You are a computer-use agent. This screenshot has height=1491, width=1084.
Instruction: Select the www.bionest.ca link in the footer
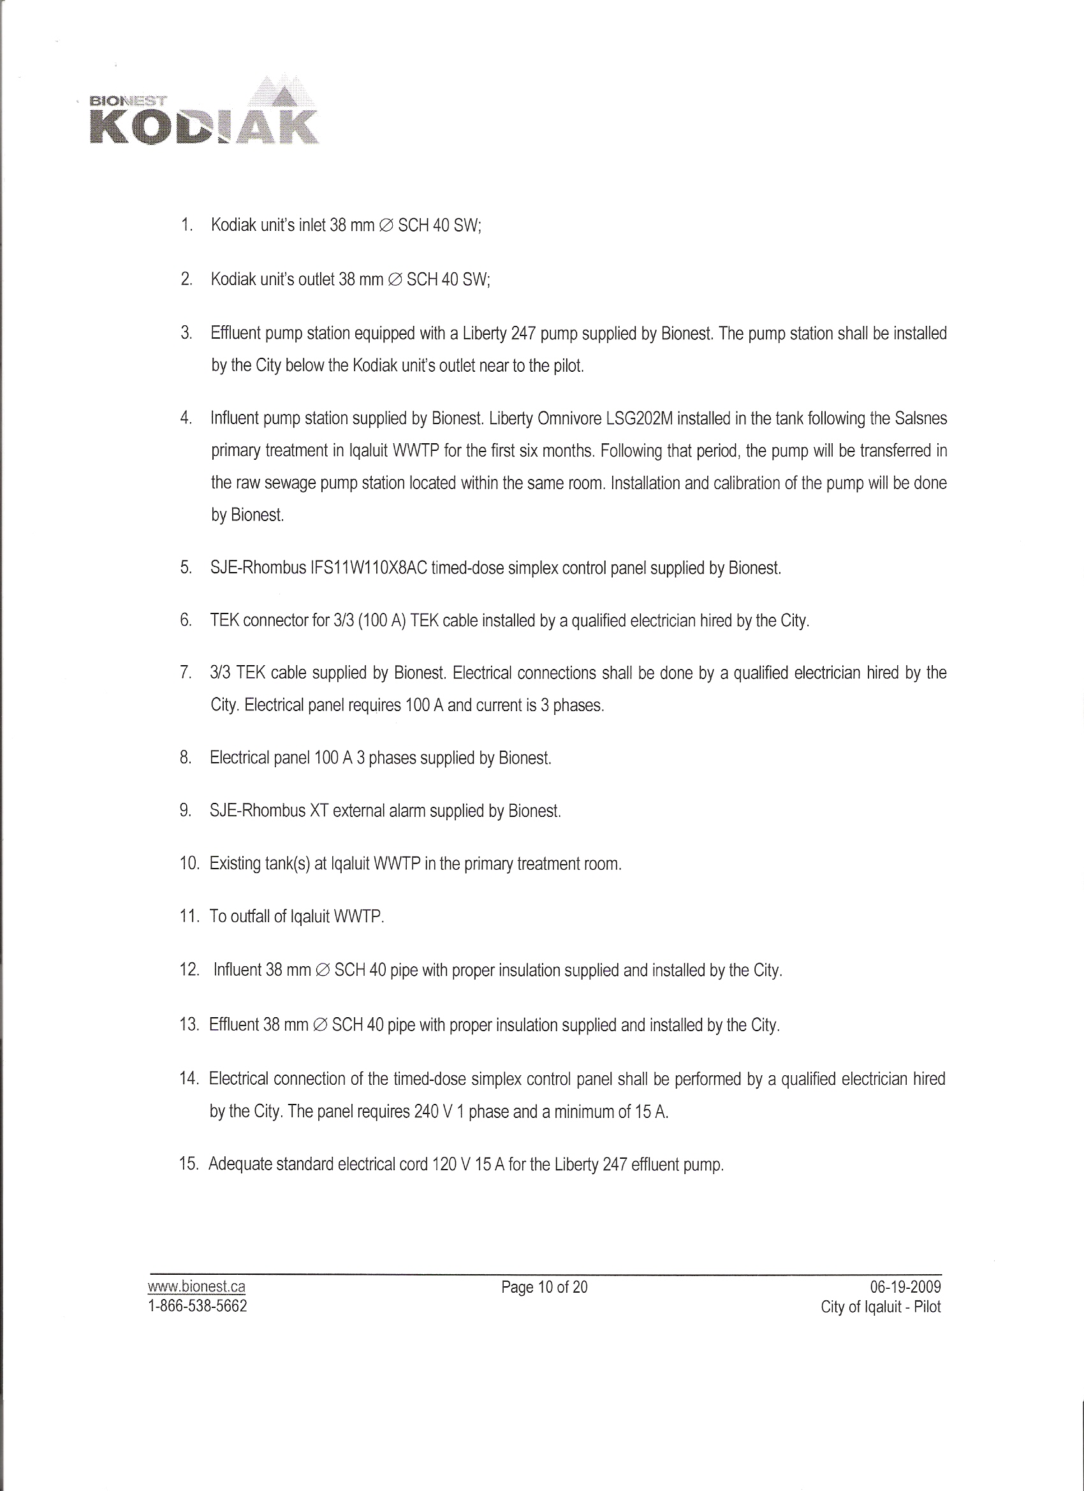(196, 1286)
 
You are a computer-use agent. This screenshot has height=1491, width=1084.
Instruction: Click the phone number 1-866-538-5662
(198, 1305)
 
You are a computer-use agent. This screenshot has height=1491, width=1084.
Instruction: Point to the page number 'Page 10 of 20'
(545, 1286)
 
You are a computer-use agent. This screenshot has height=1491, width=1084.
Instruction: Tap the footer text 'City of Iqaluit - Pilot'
(880, 1306)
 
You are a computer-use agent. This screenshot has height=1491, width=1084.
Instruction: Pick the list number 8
(186, 758)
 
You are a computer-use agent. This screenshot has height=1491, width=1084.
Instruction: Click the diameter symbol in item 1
(386, 226)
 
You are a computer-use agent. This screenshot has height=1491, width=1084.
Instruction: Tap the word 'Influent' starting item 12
(238, 971)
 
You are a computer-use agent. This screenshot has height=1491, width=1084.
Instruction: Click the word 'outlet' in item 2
(316, 280)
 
